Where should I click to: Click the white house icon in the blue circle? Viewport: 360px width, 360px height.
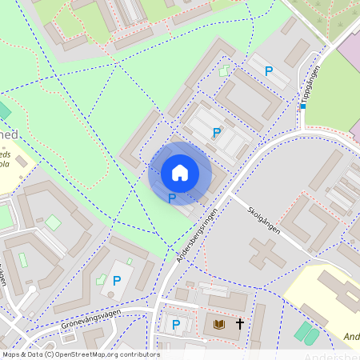[x=180, y=173]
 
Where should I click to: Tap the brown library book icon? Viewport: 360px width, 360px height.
[x=219, y=325]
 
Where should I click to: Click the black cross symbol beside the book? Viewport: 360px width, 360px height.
[x=239, y=325]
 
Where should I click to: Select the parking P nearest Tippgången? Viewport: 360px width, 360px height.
[x=269, y=72]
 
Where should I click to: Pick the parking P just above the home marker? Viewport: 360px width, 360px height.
[x=216, y=133]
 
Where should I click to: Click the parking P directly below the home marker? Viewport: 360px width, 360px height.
[x=172, y=198]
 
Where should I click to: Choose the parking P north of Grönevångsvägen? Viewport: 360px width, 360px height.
[x=117, y=281]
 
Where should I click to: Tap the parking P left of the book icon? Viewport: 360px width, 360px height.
[x=176, y=325]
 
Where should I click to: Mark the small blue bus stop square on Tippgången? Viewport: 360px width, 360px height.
[x=303, y=106]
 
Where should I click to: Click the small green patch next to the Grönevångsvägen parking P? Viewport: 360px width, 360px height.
[x=102, y=281]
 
